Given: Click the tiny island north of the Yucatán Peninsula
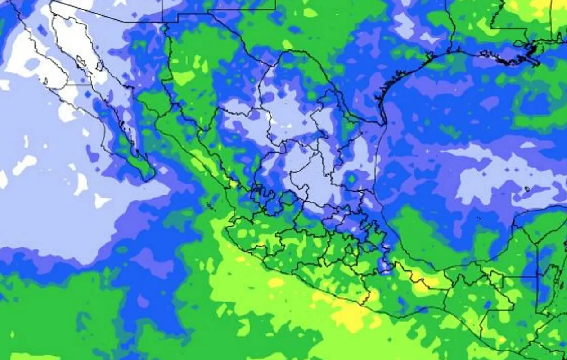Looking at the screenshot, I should click(526, 189).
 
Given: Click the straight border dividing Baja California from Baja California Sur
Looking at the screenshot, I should click(79, 84).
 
